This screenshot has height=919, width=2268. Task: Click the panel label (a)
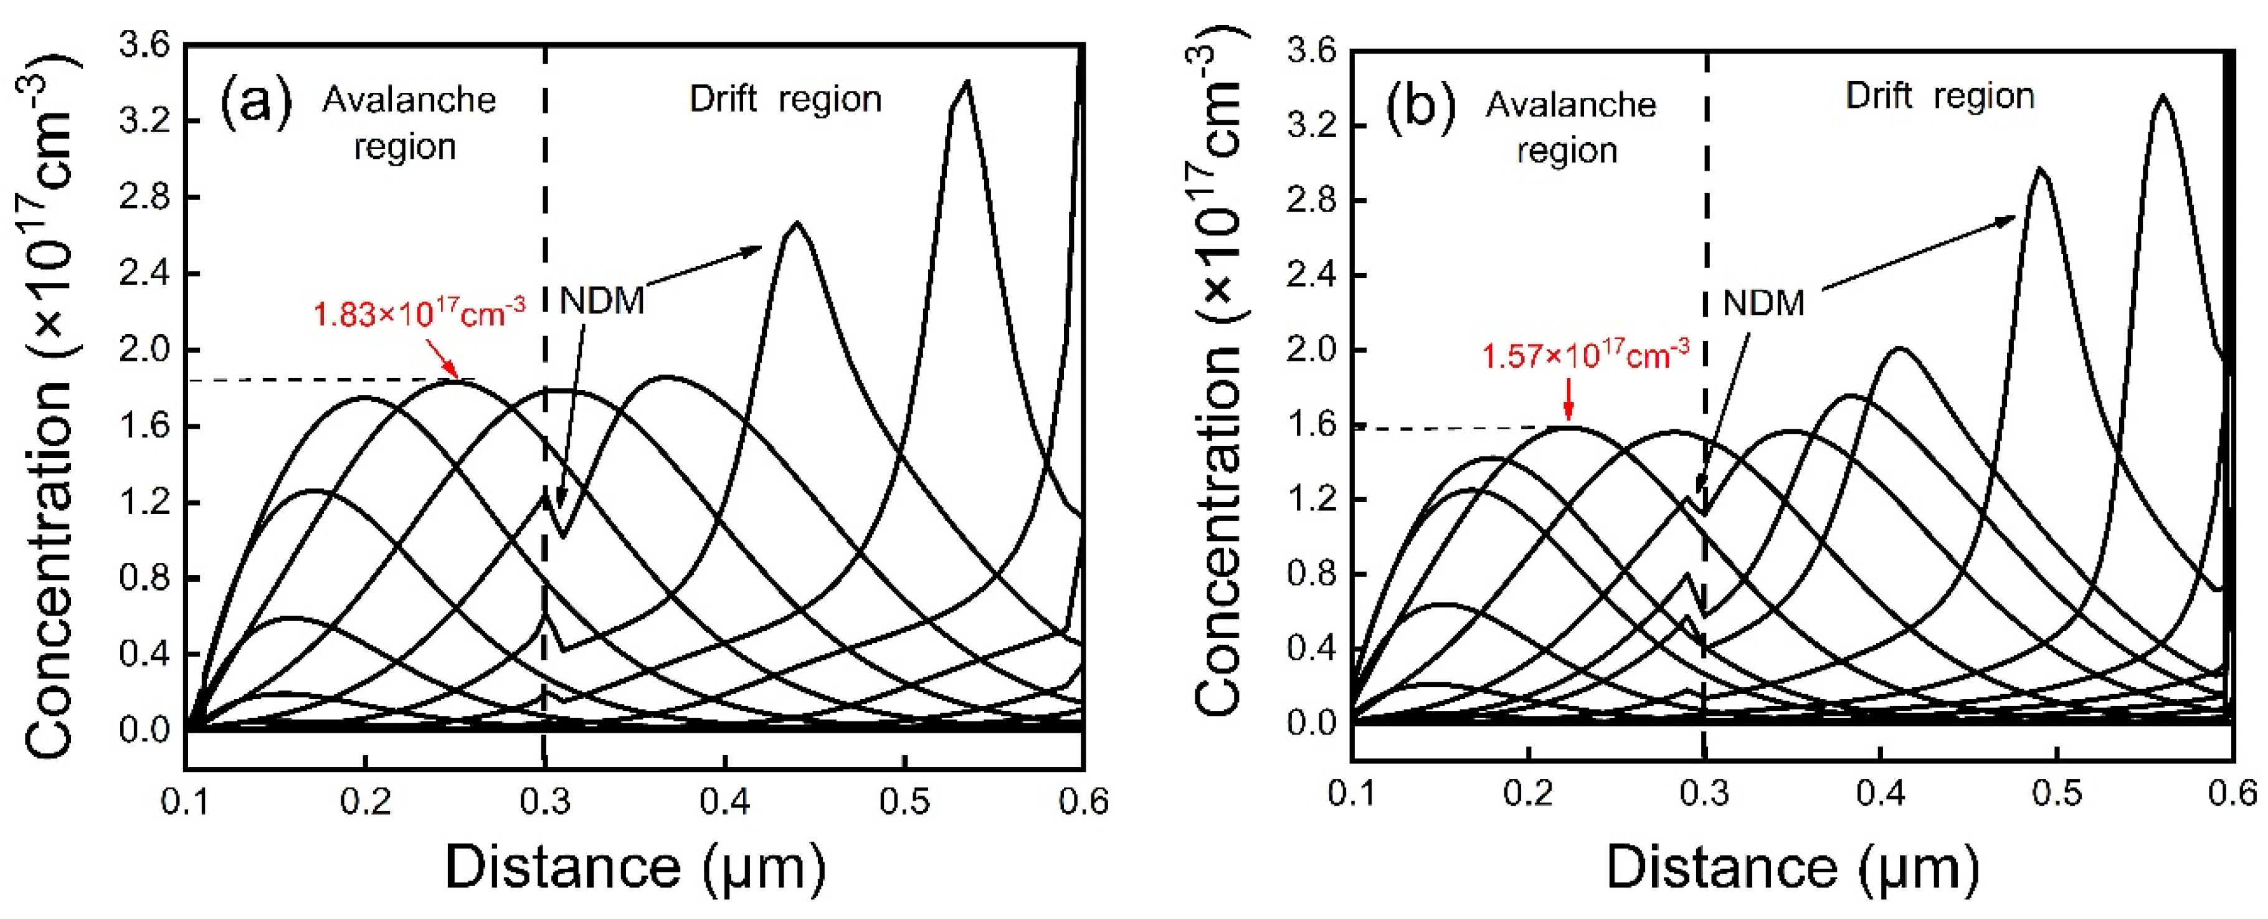click(255, 103)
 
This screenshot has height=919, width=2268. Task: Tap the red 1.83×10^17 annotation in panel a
click(419, 313)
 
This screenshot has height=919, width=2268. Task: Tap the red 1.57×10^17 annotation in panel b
click(1585, 356)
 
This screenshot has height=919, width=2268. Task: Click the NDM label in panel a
click(602, 301)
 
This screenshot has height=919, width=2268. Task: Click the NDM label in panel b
click(1763, 303)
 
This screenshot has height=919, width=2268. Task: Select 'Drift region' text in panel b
click(1940, 96)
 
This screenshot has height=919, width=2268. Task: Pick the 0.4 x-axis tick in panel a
click(724, 801)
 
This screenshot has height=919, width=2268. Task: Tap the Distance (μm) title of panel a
click(635, 867)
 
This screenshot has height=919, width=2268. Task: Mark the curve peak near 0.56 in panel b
click(2162, 96)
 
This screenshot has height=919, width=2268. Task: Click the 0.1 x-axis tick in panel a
click(185, 801)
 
